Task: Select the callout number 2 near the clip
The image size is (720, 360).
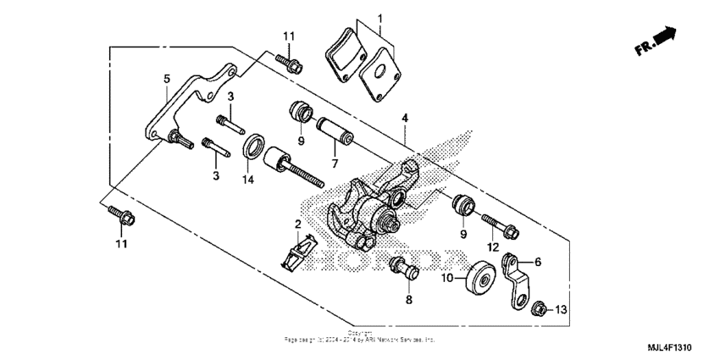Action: click(297, 224)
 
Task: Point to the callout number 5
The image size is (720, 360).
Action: click(167, 79)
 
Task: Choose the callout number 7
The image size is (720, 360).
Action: click(334, 161)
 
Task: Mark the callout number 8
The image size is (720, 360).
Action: click(408, 300)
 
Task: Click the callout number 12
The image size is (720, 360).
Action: click(492, 246)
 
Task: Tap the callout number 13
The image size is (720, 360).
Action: click(560, 311)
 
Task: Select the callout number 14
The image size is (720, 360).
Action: click(249, 180)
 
